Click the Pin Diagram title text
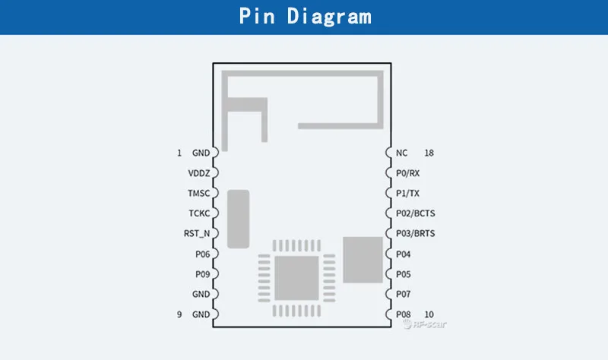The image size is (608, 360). [x=305, y=17]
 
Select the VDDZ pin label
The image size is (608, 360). [x=198, y=173]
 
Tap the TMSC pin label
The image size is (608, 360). [x=198, y=194]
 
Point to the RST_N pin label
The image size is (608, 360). [x=197, y=233]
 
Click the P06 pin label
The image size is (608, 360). [x=201, y=254]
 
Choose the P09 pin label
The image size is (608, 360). [x=201, y=274]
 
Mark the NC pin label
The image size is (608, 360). [x=402, y=153]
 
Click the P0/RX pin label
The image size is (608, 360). [x=408, y=173]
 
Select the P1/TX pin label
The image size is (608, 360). [x=407, y=194]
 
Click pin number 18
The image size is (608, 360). [x=429, y=153]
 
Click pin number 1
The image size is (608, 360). [x=179, y=153]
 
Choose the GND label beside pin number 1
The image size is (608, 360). [x=201, y=153]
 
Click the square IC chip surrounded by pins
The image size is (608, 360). [x=296, y=277]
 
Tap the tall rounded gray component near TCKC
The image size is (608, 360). [x=239, y=218]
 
